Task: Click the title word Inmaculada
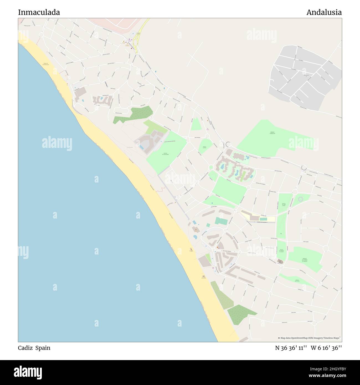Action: tap(39, 12)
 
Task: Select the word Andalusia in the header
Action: tap(324, 12)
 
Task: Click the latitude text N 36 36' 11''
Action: tap(291, 348)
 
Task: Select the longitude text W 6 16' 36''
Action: tap(326, 348)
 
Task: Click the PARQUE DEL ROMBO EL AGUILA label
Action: tap(305, 260)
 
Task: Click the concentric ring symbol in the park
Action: tap(300, 199)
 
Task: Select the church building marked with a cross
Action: tap(280, 262)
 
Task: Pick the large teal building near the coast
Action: tap(221, 221)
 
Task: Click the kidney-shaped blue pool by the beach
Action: tap(195, 237)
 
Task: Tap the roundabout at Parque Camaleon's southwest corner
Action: tap(228, 144)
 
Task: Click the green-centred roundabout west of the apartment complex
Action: tap(211, 167)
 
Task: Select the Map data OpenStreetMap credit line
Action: tap(309, 338)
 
